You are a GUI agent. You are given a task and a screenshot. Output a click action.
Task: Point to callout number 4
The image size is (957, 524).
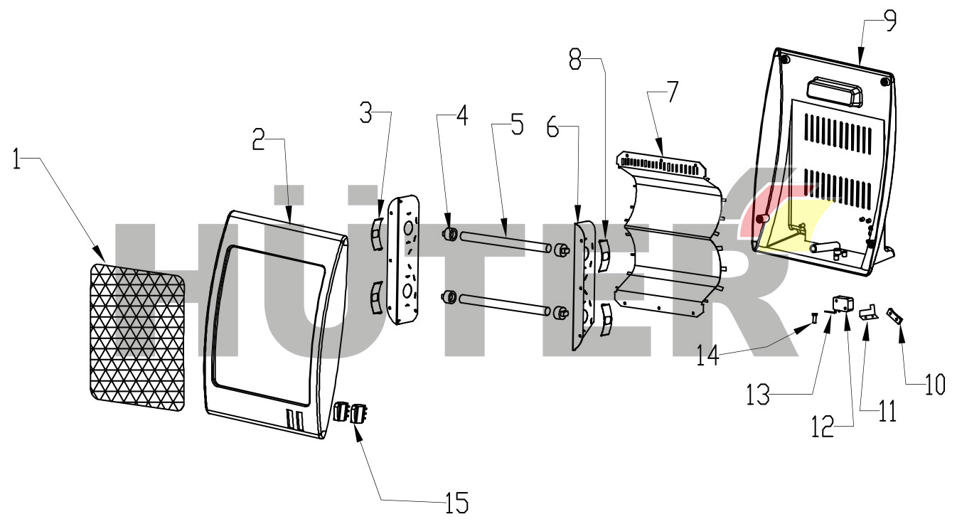click(x=461, y=116)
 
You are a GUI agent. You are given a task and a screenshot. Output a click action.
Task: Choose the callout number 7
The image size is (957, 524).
click(x=671, y=92)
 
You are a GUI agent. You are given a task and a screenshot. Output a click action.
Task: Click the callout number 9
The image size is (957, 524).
click(x=889, y=19)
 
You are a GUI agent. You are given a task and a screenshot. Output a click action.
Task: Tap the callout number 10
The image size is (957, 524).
click(x=935, y=385)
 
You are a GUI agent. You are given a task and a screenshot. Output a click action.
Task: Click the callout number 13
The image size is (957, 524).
click(x=759, y=395)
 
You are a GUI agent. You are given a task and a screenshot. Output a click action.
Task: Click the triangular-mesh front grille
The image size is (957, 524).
click(x=137, y=338)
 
